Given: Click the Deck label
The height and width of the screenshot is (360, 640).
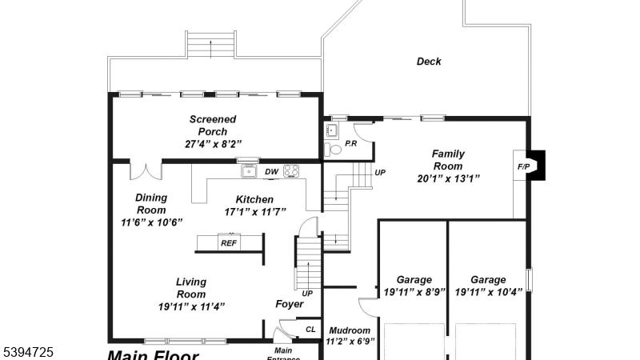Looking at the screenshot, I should click(429, 62).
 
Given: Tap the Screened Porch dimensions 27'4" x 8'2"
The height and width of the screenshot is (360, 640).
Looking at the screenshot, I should click(213, 145).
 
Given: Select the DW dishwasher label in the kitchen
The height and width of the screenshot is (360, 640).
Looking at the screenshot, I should click(271, 171).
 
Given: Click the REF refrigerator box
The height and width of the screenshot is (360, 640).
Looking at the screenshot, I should click(229, 242).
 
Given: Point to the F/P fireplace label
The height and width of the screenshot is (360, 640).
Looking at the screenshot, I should click(524, 166).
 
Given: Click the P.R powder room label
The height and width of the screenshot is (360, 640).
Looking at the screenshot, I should click(350, 143).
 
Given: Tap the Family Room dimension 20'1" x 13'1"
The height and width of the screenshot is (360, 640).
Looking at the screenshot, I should click(448, 178).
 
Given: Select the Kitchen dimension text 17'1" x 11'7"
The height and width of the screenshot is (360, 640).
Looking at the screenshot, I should click(254, 212).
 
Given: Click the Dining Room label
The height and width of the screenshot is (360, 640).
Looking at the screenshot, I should click(151, 204).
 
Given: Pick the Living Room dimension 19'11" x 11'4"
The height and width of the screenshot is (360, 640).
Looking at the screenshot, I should click(191, 306).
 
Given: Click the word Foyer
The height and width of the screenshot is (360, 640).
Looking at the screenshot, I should click(290, 304).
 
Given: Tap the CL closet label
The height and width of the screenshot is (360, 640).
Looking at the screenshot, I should click(311, 330).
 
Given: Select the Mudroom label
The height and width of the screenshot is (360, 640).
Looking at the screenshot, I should click(349, 330).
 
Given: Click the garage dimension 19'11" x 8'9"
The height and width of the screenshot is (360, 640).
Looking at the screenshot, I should click(414, 292).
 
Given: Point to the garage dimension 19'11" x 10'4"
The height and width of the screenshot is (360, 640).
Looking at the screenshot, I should click(488, 292).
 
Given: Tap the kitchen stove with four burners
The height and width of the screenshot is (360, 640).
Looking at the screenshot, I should click(292, 170).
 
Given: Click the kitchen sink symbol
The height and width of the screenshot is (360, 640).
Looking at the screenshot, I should click(249, 170).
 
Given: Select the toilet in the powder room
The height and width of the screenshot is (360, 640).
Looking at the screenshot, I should click(335, 148).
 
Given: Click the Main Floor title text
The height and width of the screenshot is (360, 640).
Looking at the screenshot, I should click(153, 354).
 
